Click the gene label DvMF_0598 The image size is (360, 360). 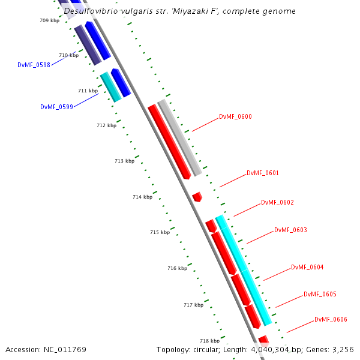point(34,65)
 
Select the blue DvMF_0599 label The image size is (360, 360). point(56,107)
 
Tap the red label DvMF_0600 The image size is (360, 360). point(235,117)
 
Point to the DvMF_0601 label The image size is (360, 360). point(263,173)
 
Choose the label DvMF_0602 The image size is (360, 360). point(277,203)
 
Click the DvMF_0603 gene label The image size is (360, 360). point(290,230)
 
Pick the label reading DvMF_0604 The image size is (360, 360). point(307,268)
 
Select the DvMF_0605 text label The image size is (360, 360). point(320,295)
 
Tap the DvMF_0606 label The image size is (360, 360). point(331,320)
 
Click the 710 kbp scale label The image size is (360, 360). point(68,55)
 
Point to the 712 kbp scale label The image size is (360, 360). point(106,126)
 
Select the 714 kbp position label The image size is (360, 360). point(142,197)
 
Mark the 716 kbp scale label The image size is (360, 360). point(177,268)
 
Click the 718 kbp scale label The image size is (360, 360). point(209,341)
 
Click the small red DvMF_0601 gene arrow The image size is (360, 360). point(197,196)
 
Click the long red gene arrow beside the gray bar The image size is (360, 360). point(169,141)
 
